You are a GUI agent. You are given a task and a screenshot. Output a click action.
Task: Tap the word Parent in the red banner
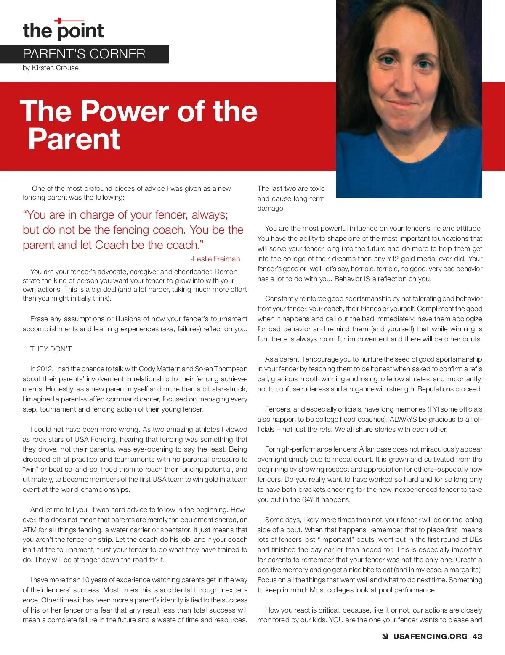pos(74,139)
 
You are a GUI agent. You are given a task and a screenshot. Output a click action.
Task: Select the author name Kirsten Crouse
pos(55,68)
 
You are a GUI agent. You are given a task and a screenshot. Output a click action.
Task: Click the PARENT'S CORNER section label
pos(84,54)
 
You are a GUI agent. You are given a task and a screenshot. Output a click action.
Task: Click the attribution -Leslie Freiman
pos(215,259)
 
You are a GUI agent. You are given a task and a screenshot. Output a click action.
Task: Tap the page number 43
pos(477,637)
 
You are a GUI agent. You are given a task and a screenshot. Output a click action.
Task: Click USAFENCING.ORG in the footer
pos(430,637)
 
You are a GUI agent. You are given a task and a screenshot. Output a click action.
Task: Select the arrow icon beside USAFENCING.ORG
pos(385,637)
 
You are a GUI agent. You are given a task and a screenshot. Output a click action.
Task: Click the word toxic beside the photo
pos(317,188)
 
